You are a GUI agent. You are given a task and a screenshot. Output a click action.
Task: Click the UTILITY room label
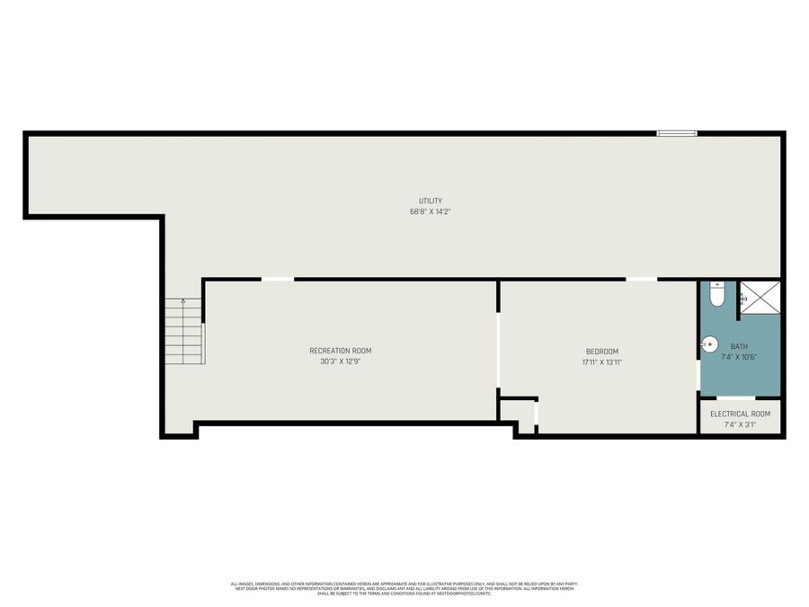coord(430,201)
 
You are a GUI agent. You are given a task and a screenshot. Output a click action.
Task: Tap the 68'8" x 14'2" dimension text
coord(430,212)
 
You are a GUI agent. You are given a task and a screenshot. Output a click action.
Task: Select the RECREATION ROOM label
coord(340,351)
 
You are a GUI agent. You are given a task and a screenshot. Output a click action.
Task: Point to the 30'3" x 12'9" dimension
coord(340,362)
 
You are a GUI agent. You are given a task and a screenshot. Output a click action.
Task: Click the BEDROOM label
coord(602,351)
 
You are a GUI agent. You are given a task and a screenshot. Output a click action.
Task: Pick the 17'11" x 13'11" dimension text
coord(602,362)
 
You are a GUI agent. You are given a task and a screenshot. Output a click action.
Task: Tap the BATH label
coord(739,346)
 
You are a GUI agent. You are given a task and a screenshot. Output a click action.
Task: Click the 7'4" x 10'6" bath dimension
coord(739,357)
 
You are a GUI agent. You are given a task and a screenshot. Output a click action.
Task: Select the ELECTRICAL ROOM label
coord(740,414)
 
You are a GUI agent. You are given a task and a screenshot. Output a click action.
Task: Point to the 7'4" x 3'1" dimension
coord(740,424)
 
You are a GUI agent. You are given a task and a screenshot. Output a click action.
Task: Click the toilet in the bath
coord(716,293)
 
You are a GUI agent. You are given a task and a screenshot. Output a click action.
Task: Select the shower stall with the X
coord(760,298)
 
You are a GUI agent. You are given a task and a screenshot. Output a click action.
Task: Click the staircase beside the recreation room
coord(183,332)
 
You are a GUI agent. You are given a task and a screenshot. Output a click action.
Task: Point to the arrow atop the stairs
coord(183,303)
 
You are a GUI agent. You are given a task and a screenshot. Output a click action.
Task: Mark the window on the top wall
coord(676,133)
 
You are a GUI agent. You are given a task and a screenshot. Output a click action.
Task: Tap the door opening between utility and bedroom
coord(641,279)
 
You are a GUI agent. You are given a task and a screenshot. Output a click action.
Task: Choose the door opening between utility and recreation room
coord(277,279)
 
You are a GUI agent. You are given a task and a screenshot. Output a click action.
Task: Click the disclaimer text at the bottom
coord(404,588)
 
